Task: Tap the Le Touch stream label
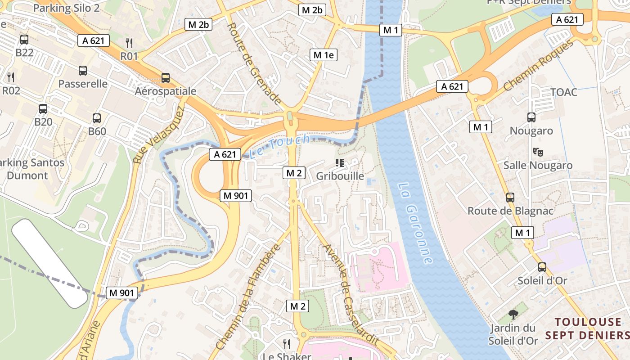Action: click(279, 146)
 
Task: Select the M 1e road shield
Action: click(324, 55)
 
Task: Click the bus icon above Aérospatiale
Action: click(166, 77)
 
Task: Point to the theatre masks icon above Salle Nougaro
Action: click(537, 152)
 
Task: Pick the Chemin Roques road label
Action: click(539, 65)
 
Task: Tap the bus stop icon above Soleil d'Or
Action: click(542, 267)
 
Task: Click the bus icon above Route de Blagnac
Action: click(510, 197)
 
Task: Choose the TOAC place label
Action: click(563, 92)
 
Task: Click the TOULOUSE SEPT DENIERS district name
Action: click(587, 328)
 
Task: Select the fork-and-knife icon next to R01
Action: click(129, 43)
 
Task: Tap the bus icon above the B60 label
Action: click(97, 118)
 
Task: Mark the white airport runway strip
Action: click(49, 263)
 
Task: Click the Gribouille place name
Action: click(340, 176)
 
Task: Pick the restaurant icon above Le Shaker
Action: click(286, 344)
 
